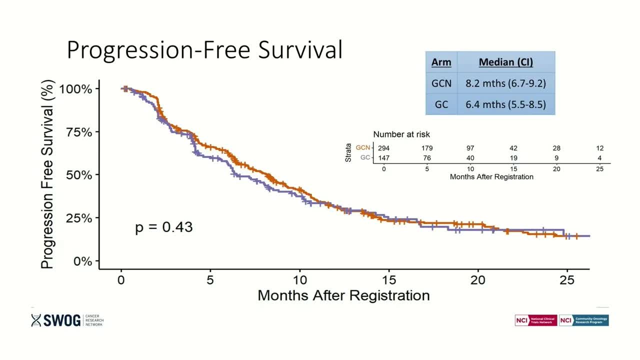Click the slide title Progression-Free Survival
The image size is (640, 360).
(204, 50)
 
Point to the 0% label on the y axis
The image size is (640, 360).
(79, 261)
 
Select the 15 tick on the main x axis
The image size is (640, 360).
(389, 280)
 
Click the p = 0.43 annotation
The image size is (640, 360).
(164, 227)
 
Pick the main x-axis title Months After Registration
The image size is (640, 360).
(343, 295)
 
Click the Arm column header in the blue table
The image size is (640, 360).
(441, 62)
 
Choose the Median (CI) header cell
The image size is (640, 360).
(505, 62)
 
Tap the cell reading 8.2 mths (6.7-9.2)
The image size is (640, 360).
(505, 83)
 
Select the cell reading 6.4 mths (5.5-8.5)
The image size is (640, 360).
(505, 104)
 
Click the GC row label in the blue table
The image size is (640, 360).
(441, 104)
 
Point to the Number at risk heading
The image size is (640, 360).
(401, 134)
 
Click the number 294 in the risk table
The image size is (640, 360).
(383, 148)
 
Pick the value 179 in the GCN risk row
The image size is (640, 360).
(426, 148)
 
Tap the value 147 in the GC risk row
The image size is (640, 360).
(383, 158)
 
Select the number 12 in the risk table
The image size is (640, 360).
(600, 148)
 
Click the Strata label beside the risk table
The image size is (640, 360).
(348, 152)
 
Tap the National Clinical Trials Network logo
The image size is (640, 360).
(535, 320)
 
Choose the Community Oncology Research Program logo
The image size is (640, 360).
(584, 320)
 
